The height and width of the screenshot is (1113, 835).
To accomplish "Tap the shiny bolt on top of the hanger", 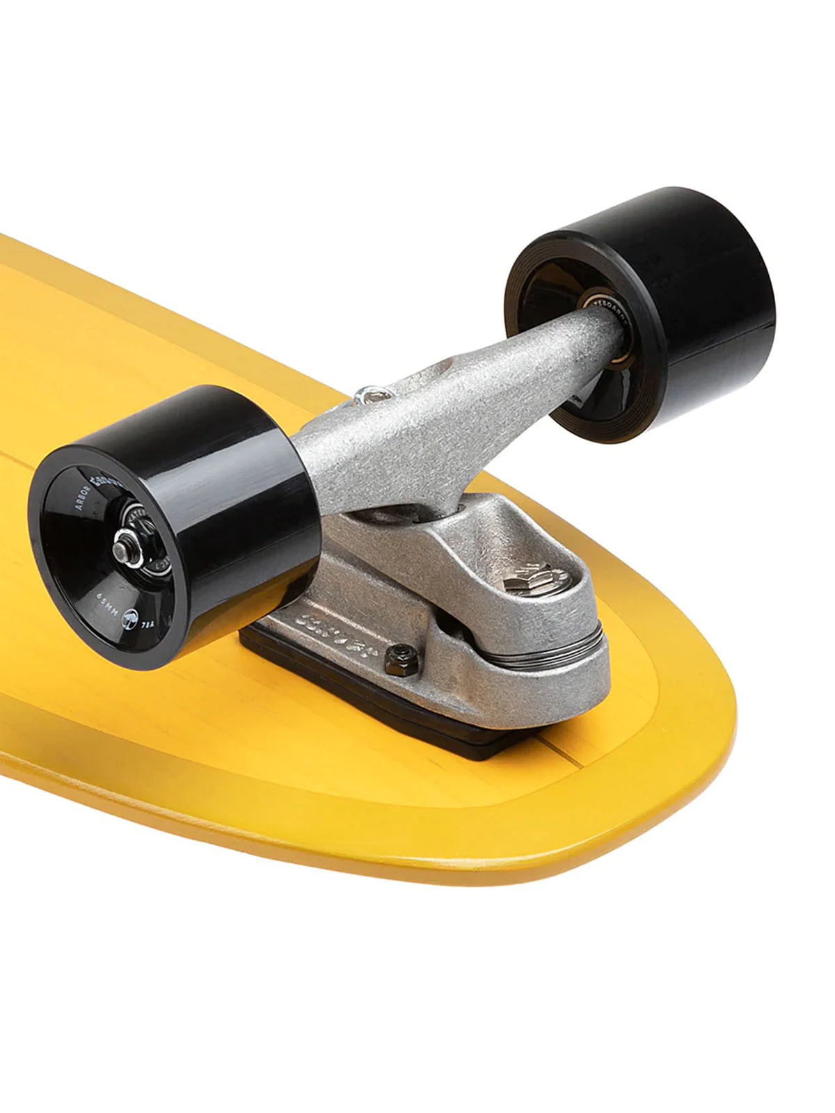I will pyautogui.click(x=372, y=396).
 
